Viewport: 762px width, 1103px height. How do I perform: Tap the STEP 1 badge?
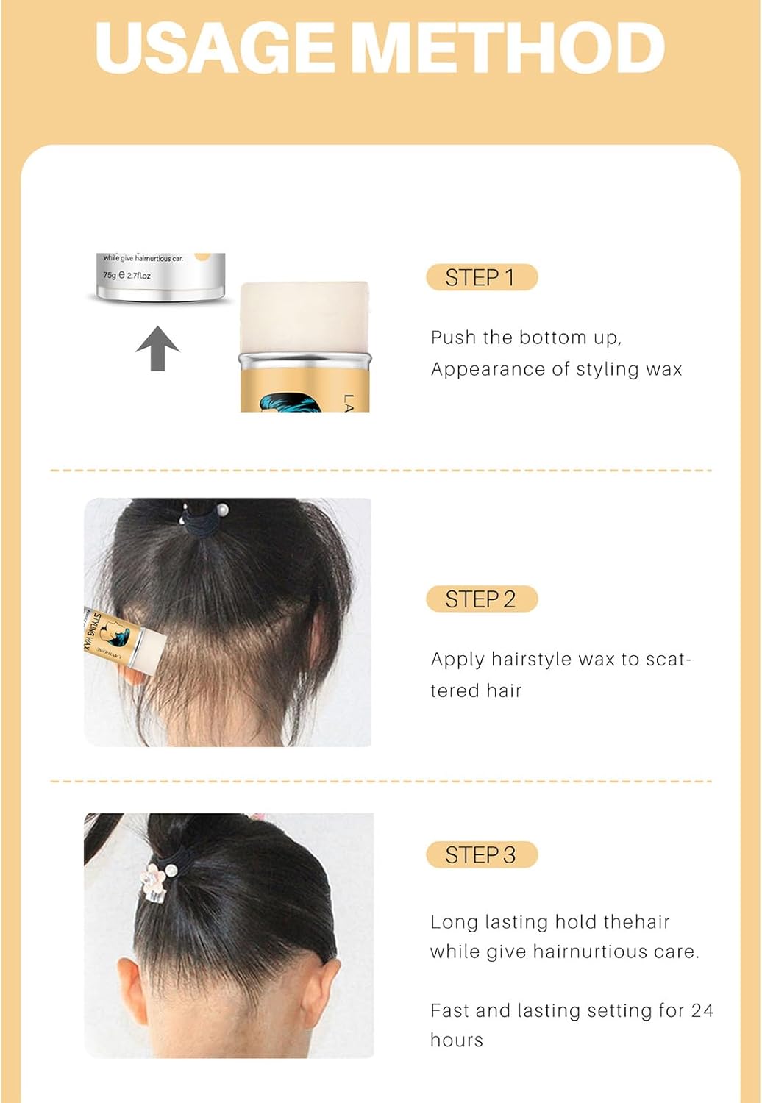point(481,277)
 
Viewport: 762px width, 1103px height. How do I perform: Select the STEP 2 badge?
point(481,599)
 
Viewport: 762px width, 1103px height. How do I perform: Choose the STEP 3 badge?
point(481,854)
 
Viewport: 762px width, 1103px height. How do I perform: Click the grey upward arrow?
point(157,348)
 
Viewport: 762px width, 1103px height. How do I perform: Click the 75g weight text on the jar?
point(110,276)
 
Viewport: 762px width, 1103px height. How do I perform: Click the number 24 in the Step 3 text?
point(702,1010)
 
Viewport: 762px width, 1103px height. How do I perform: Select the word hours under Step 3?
point(457,1040)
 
